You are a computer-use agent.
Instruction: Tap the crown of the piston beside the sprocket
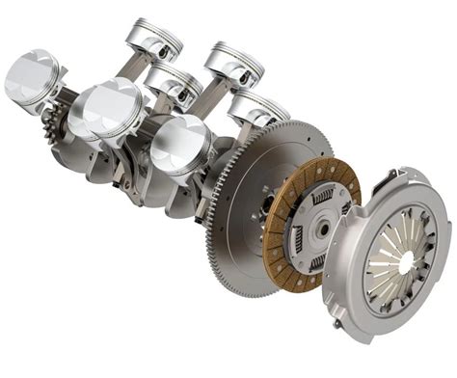[x=28, y=76]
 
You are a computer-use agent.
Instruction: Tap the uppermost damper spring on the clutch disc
[x=323, y=197]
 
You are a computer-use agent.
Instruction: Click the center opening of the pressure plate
[x=405, y=260]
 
